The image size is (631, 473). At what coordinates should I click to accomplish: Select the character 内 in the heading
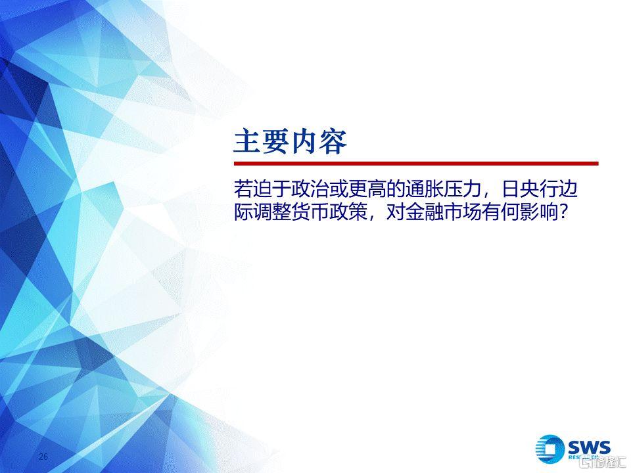[304, 142]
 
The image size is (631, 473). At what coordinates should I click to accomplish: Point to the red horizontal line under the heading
[416, 164]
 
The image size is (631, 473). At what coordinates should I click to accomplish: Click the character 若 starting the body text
[243, 189]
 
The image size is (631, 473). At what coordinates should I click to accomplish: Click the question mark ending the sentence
[563, 212]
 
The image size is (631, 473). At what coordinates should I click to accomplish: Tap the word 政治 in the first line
[310, 189]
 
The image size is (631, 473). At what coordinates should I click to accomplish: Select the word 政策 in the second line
[348, 212]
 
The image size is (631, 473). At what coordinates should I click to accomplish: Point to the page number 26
[43, 456]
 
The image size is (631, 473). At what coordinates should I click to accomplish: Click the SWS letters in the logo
[590, 447]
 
